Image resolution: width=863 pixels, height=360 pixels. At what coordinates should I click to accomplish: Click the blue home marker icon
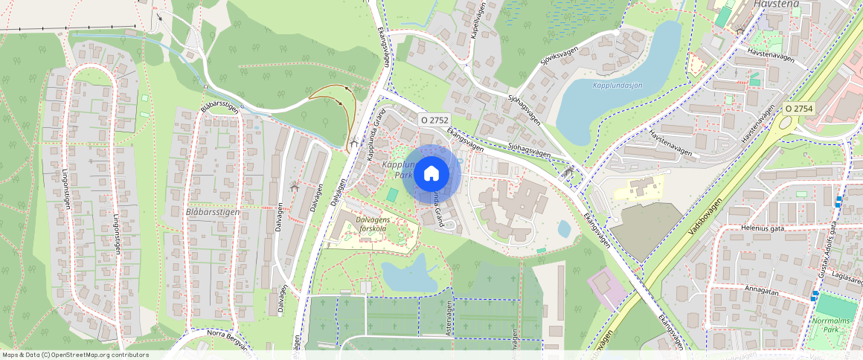(431, 174)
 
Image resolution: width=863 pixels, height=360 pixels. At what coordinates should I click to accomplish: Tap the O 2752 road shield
(434, 119)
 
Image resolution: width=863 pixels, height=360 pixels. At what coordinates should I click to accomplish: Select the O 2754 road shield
(799, 109)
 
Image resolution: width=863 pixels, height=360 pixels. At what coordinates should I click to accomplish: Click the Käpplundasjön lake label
(617, 86)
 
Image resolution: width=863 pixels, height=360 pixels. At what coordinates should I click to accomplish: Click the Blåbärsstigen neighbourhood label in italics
(212, 212)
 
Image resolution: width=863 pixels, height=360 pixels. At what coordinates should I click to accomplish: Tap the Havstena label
(776, 4)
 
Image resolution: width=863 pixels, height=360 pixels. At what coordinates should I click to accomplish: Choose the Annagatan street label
(759, 292)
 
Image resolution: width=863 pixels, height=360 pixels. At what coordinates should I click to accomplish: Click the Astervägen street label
(449, 323)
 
